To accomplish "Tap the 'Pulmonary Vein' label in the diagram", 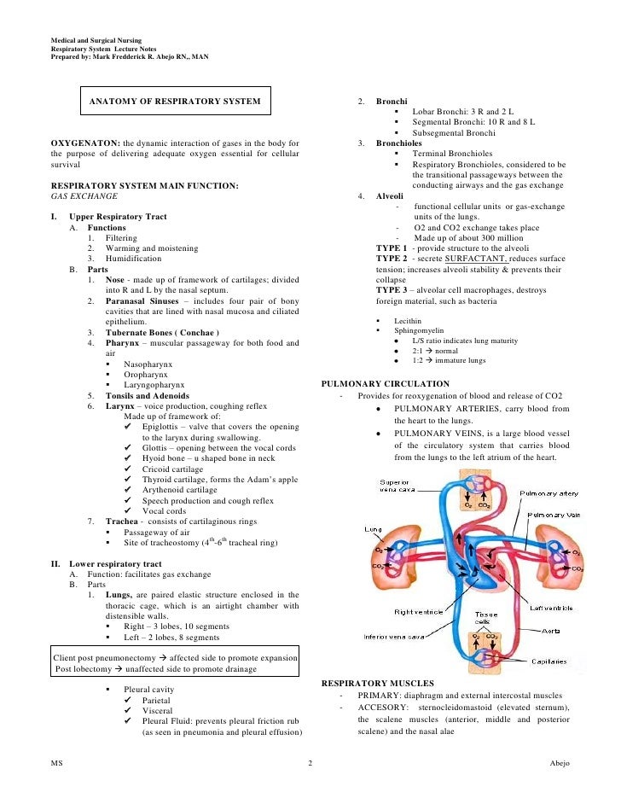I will pos(555,516).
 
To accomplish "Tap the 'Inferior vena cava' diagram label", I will pos(394,636).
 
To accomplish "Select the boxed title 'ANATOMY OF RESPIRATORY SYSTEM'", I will pos(176,102).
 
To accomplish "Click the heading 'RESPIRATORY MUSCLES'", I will pos(377,684).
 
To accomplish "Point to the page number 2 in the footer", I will pos(310,762).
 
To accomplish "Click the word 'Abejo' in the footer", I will pos(560,762).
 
